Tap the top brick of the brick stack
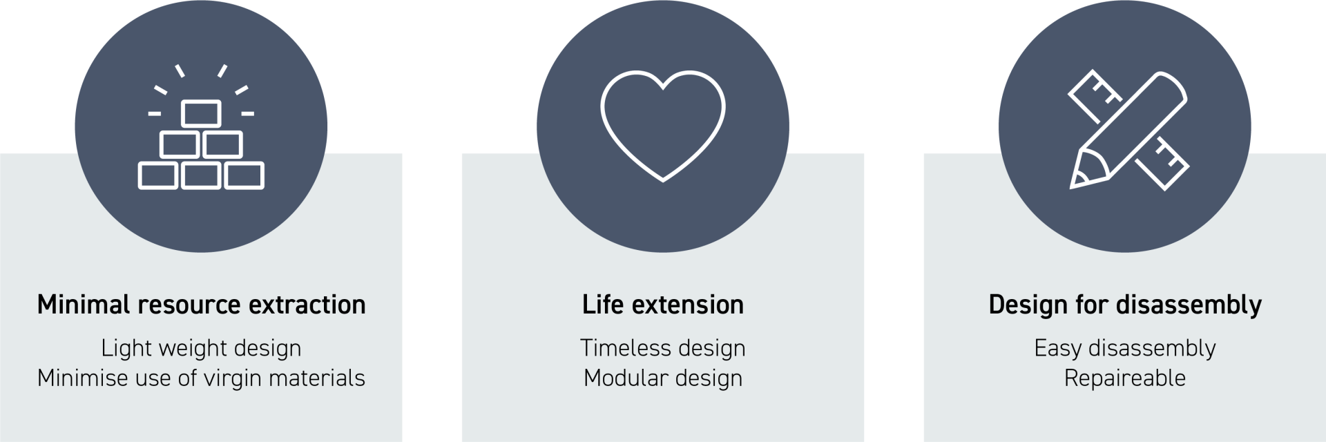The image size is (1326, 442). [x=201, y=114]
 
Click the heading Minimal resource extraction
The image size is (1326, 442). [x=201, y=305]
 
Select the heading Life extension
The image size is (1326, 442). [x=663, y=305]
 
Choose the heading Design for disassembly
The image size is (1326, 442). [x=1125, y=305]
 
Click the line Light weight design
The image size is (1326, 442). [x=201, y=349]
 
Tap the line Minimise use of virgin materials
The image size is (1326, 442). [x=201, y=378]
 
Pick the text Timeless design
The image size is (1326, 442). [x=663, y=349]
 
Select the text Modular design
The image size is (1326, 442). [x=663, y=378]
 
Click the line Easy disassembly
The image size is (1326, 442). [x=1125, y=349]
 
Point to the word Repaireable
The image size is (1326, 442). [x=1125, y=378]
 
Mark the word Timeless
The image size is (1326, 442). [x=620, y=347]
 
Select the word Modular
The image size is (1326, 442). [x=626, y=378]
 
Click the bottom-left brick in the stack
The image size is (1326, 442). [x=158, y=175]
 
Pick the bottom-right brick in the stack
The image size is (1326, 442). [x=244, y=175]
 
